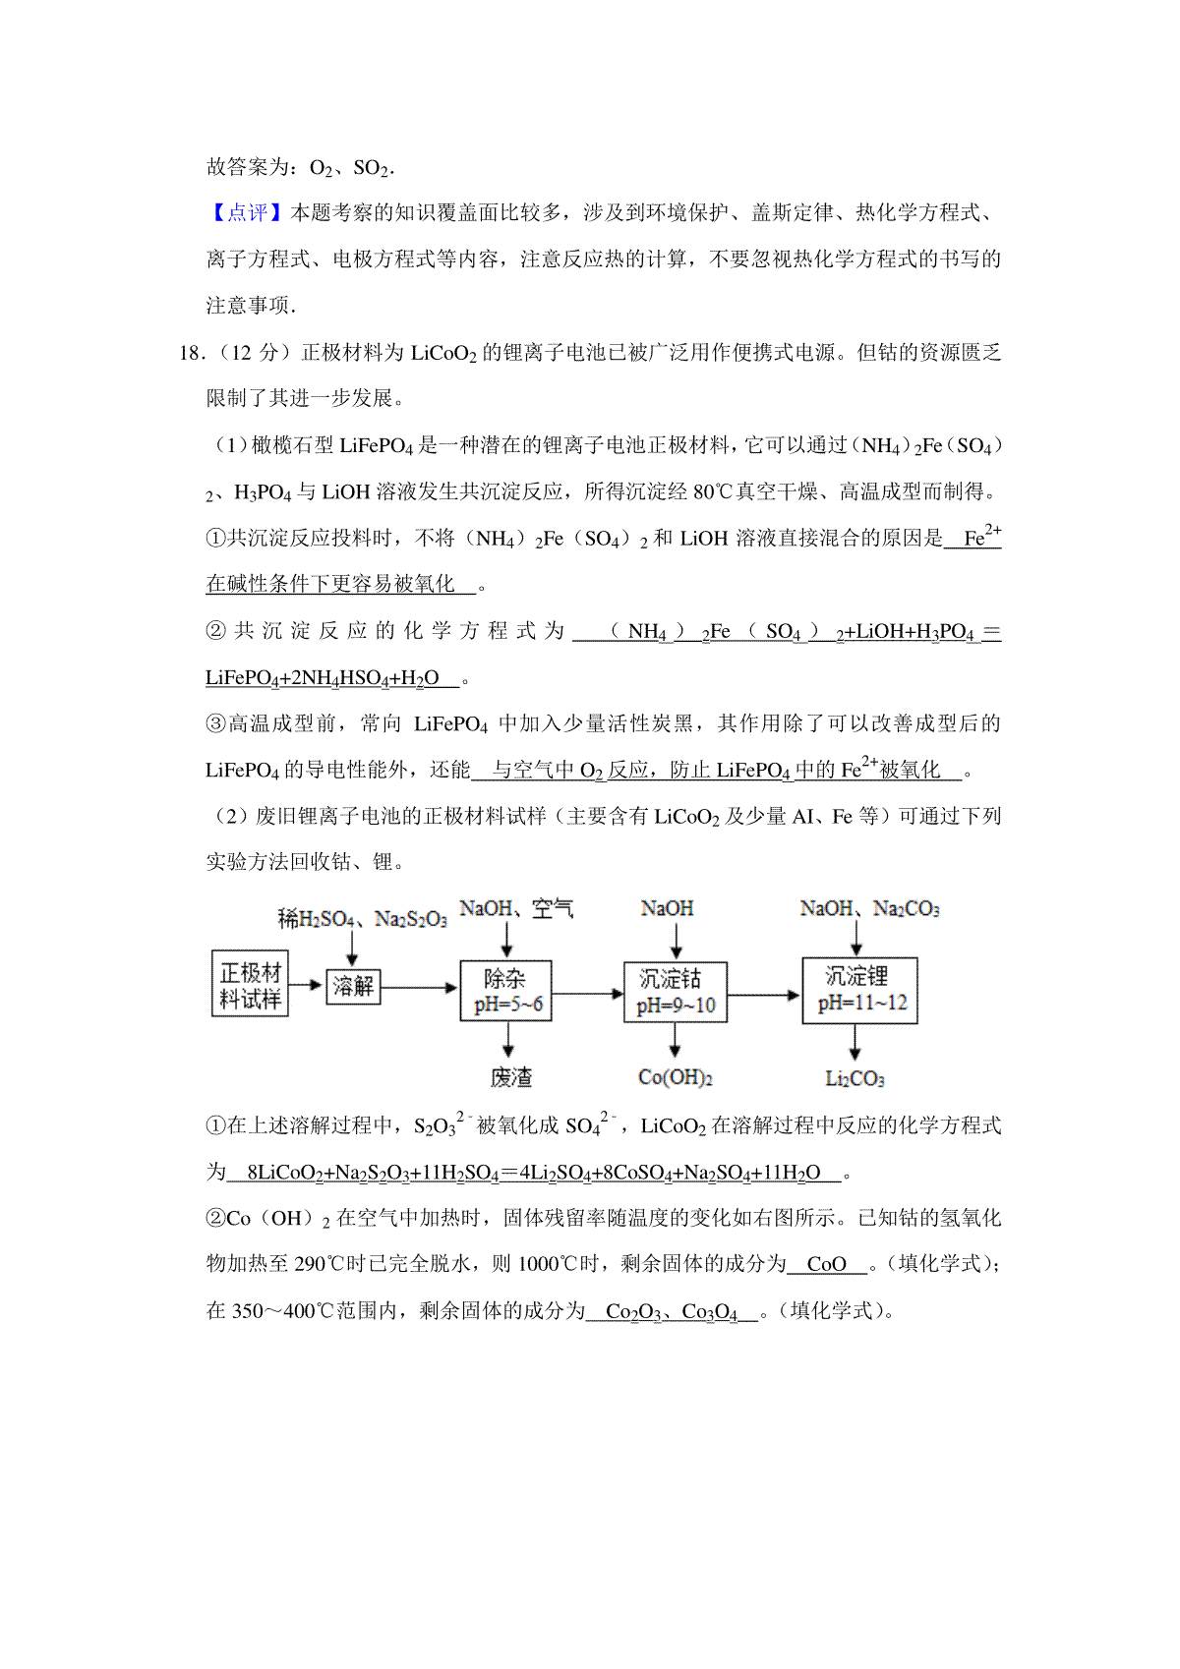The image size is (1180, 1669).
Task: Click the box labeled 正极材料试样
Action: click(250, 984)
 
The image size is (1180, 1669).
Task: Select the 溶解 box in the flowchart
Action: click(352, 985)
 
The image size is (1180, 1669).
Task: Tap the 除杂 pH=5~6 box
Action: click(506, 991)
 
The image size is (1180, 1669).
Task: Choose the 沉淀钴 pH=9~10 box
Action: click(676, 992)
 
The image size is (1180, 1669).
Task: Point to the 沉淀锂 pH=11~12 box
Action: click(859, 990)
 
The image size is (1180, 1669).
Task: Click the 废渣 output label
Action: click(510, 1077)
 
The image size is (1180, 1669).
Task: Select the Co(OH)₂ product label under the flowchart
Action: click(676, 1077)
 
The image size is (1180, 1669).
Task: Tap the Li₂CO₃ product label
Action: click(855, 1079)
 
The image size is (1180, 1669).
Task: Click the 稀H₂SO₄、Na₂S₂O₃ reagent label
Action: click(362, 919)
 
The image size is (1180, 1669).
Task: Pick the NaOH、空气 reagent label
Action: click(516, 909)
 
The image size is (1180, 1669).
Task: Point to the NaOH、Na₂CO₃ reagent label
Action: click(869, 909)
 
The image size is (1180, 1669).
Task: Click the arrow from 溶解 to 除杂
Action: click(420, 987)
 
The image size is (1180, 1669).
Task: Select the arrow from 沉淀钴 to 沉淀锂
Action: click(764, 995)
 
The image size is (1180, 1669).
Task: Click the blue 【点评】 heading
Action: click(247, 212)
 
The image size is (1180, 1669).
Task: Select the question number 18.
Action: click(190, 353)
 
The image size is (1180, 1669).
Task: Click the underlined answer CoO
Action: click(826, 1264)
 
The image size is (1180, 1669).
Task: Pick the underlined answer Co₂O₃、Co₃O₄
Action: click(671, 1311)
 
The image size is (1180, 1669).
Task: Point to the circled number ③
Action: click(216, 724)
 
